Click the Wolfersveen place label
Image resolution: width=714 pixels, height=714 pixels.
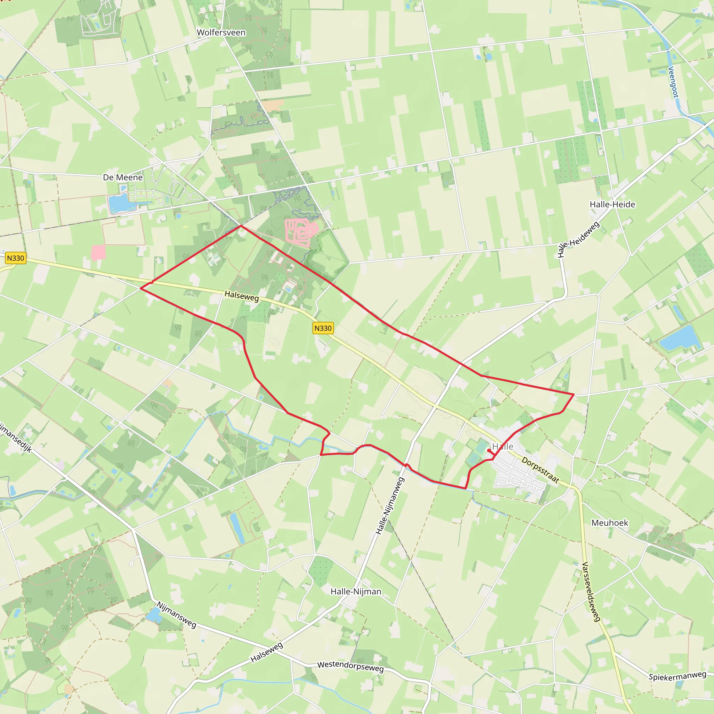click(221, 32)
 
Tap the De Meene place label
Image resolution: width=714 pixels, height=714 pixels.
click(123, 177)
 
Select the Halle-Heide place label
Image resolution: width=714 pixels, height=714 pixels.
click(612, 204)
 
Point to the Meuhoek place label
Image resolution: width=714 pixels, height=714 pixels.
click(610, 523)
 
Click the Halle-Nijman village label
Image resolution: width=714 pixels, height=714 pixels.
click(356, 592)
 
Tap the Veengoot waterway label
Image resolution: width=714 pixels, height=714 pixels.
click(673, 82)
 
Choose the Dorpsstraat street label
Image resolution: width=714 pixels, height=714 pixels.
click(540, 470)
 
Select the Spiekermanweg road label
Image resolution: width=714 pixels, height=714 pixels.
click(677, 676)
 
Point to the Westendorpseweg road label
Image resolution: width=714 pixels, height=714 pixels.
click(350, 666)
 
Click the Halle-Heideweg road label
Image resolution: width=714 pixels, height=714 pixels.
click(578, 239)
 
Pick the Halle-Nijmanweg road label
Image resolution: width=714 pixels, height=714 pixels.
click(390, 506)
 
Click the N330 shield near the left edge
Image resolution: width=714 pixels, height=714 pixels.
click(16, 258)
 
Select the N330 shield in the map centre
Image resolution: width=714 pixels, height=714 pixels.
click(323, 328)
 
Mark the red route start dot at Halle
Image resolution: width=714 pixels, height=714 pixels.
click(489, 450)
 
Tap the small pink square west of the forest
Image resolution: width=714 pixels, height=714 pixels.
click(98, 253)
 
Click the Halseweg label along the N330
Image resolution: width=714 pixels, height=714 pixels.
click(242, 296)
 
